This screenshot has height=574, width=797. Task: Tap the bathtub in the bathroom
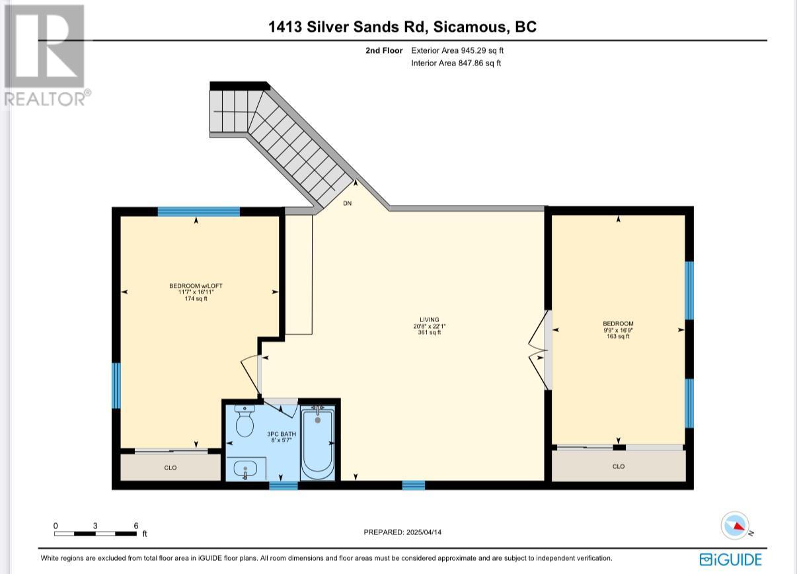click(x=317, y=444)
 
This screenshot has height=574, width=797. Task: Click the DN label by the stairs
click(x=347, y=203)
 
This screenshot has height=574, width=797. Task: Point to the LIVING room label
click(x=430, y=320)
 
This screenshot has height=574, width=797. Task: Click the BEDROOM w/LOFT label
click(x=196, y=286)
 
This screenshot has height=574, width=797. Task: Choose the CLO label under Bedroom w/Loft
click(x=171, y=468)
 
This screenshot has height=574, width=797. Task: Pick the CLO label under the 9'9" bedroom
click(x=619, y=466)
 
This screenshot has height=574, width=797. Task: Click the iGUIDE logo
click(x=730, y=559)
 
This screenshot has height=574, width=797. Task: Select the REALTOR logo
click(x=46, y=55)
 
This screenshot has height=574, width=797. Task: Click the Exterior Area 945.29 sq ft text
click(x=457, y=50)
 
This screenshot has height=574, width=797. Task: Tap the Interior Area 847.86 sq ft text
click(x=456, y=63)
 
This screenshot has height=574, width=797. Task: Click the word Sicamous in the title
click(x=470, y=27)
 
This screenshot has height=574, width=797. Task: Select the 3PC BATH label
click(x=282, y=434)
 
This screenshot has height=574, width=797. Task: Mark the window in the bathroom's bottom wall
click(x=284, y=485)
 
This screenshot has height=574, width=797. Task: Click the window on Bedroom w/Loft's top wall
click(x=198, y=212)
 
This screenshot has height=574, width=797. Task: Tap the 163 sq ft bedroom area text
click(x=618, y=336)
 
